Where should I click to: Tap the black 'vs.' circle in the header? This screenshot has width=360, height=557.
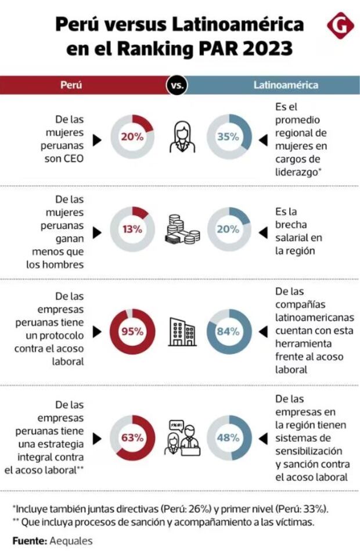177,85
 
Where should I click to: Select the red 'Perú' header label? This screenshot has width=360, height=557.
71,85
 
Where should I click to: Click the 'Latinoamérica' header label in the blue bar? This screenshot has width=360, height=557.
286,85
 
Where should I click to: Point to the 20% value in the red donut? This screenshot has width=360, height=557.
132,137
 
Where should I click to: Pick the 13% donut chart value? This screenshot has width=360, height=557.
132,228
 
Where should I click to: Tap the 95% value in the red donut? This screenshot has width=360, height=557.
132,332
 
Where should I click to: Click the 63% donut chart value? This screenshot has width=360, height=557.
132,437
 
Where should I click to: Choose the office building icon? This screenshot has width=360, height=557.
179,332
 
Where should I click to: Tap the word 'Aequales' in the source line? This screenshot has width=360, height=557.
71,541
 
